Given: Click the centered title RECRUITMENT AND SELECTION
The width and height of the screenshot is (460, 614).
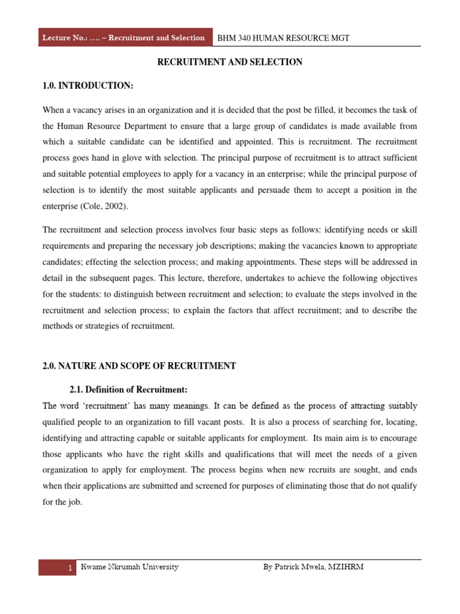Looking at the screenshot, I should point(229,62).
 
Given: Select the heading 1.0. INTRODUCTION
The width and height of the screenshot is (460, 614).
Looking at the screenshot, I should point(87,86).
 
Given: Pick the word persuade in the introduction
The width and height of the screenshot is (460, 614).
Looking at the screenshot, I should point(289,189).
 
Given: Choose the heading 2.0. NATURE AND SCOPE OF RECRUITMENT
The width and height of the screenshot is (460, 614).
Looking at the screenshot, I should point(139,366).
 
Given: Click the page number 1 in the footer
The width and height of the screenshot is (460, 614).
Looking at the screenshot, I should point(71,568).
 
